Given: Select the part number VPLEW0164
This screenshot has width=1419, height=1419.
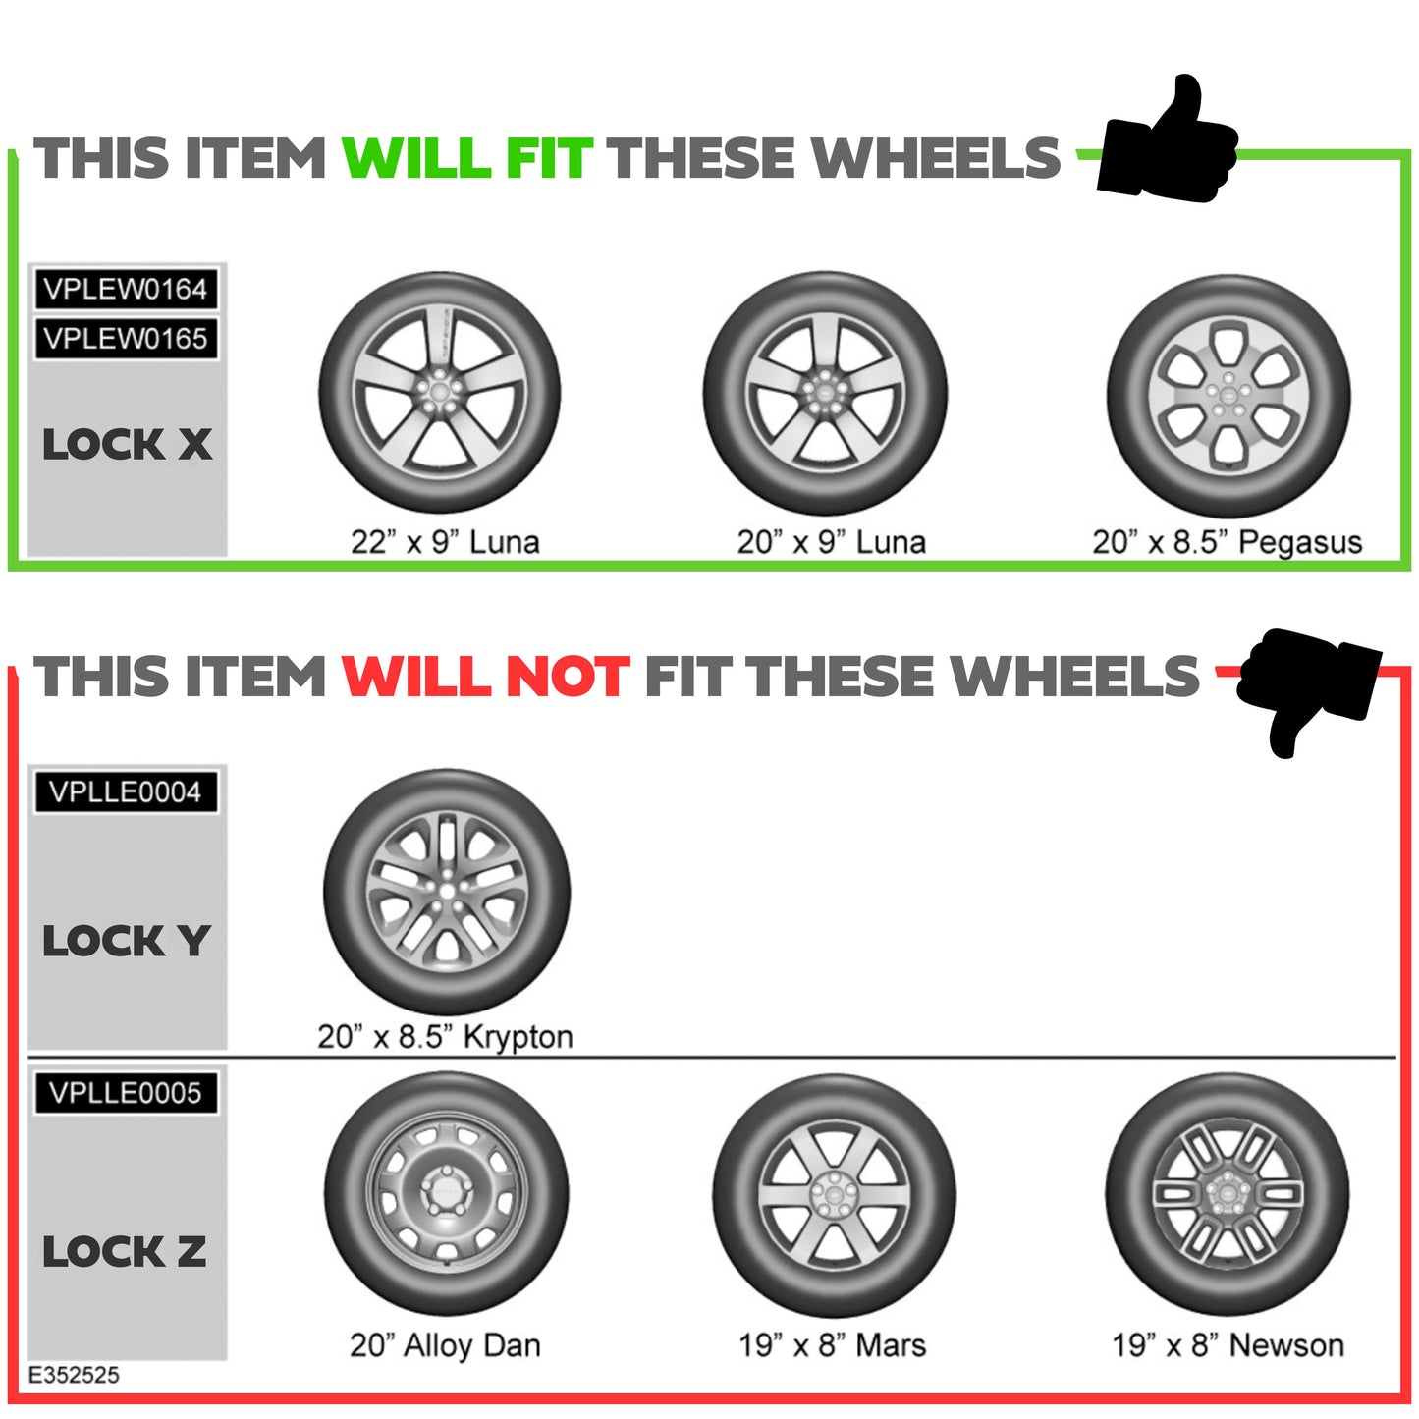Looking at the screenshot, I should click(x=126, y=290).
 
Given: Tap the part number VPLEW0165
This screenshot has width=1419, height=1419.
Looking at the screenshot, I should click(x=126, y=339).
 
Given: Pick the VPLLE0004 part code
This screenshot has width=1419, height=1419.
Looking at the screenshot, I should click(x=126, y=792).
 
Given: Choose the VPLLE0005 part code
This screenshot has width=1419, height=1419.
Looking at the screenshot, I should click(x=126, y=1093).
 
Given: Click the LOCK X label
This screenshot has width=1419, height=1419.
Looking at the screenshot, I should click(x=127, y=445).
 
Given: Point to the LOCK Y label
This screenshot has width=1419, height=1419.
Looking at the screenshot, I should click(x=127, y=942).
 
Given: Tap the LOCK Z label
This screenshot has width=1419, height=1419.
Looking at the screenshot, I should click(x=125, y=1252).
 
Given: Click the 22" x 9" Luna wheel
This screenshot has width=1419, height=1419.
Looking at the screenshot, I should click(x=439, y=393).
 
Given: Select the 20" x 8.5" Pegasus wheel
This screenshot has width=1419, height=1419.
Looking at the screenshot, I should click(x=1228, y=396).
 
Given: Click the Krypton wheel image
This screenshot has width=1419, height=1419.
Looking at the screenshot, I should click(x=447, y=892).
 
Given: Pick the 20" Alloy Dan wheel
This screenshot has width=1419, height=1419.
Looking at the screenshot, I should click(x=446, y=1194).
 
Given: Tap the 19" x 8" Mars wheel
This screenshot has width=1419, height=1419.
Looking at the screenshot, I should click(x=834, y=1195).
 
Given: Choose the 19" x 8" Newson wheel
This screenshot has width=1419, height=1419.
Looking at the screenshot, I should click(x=1227, y=1194).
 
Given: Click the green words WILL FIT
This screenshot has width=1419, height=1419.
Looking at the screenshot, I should click(x=466, y=159).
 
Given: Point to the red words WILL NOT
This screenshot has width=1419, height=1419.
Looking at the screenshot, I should click(x=485, y=678).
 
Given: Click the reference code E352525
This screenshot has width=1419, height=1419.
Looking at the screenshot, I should click(x=74, y=1375).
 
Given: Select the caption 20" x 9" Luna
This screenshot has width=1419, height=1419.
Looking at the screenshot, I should click(x=832, y=542).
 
